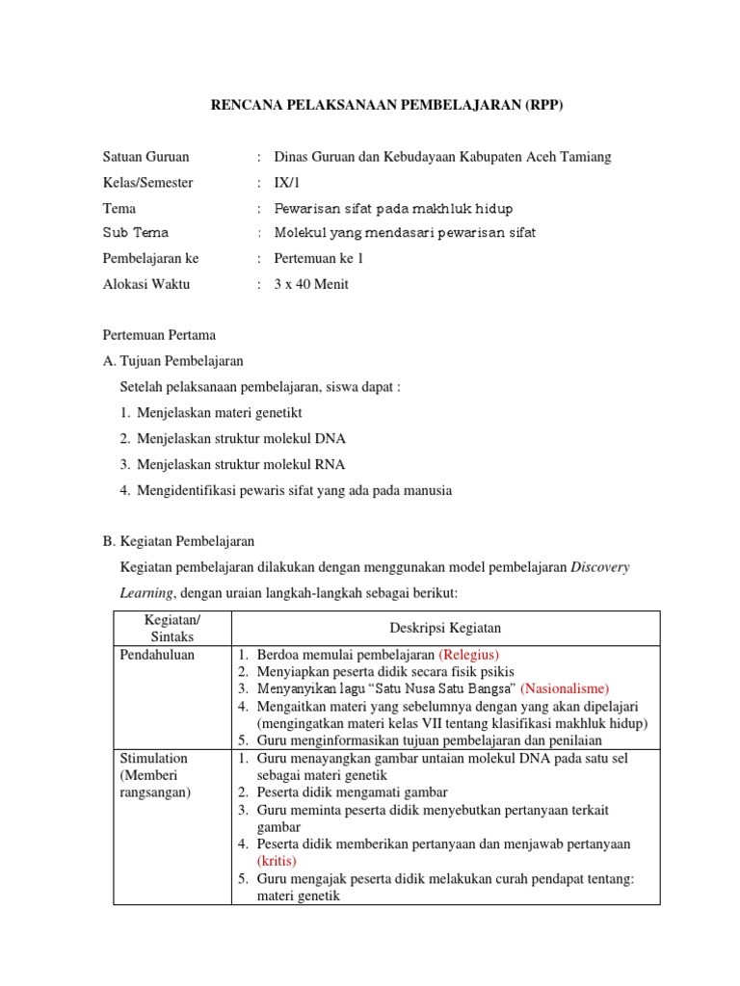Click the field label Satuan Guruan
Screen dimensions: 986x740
click(145, 157)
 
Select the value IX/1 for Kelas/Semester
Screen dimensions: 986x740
click(287, 182)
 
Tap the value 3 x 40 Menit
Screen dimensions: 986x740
click(311, 284)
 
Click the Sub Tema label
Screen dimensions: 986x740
click(136, 233)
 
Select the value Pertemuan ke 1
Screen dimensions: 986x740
click(319, 258)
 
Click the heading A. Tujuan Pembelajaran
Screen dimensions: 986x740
click(173, 361)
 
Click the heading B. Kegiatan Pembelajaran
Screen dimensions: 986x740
click(178, 541)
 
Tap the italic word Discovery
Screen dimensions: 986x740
click(600, 567)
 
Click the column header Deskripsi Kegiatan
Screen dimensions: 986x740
click(445, 628)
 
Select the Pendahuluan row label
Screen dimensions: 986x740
click(157, 655)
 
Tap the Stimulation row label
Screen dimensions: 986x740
click(154, 759)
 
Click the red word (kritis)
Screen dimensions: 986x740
click(277, 861)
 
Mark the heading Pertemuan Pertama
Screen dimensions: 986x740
click(160, 335)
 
